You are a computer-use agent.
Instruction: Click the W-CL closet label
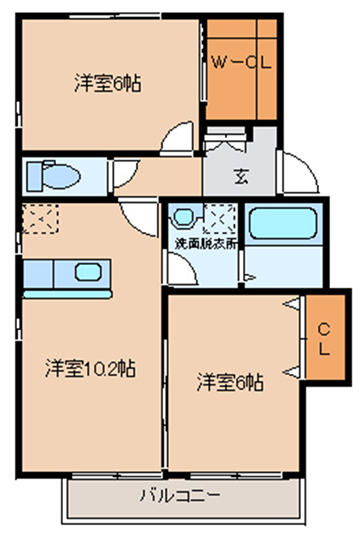[241, 63]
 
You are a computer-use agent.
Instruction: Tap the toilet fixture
[53, 176]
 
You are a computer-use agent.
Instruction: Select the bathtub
[282, 223]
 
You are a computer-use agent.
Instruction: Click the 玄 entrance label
[241, 176]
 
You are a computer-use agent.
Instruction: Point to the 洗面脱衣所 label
[206, 244]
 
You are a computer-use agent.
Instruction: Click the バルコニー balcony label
[179, 496]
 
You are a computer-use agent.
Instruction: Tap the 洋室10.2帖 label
[91, 368]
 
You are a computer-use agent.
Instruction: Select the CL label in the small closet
[324, 340]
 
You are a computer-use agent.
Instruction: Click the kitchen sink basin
[88, 271]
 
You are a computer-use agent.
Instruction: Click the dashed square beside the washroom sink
[219, 219]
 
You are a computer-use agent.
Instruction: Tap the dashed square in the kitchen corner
[40, 219]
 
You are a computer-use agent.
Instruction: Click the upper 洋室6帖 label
[107, 83]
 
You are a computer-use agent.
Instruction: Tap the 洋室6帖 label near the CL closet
[230, 382]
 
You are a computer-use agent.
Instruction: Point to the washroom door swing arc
[184, 269]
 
